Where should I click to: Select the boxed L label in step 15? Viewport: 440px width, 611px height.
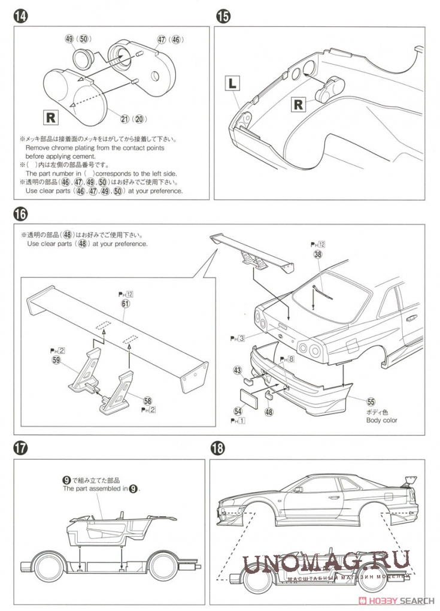click(x=232, y=83)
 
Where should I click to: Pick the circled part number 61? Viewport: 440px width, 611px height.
click(x=125, y=304)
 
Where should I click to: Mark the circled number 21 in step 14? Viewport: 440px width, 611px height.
click(x=125, y=119)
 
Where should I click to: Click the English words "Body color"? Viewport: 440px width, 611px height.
click(x=382, y=420)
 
